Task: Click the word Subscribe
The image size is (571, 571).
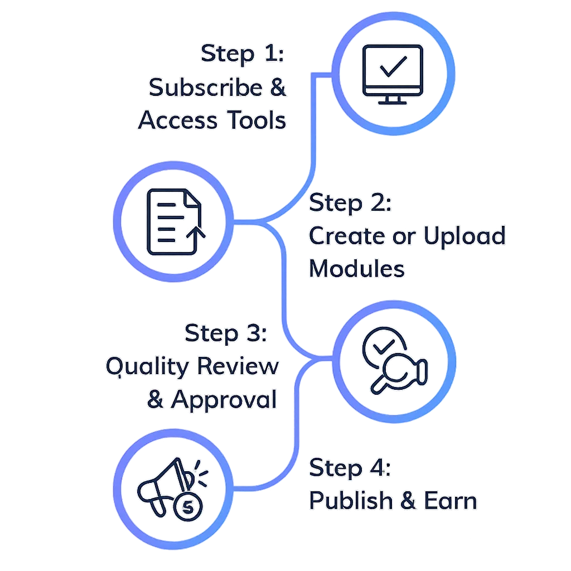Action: [205, 88]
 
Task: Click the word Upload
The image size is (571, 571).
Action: [464, 236]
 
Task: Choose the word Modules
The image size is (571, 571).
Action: [357, 269]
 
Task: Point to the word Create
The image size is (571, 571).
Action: [341, 236]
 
